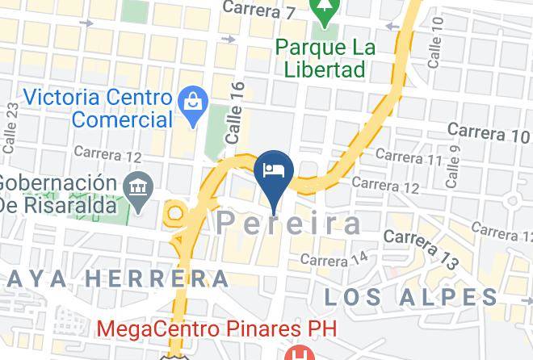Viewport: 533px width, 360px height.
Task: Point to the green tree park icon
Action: [x=325, y=13]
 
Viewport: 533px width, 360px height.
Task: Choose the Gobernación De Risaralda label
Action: [x=58, y=192]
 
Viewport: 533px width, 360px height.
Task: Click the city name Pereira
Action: [x=289, y=224]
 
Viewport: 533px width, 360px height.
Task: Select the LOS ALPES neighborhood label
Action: [x=411, y=296]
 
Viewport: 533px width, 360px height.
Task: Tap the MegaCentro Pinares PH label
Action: [x=216, y=329]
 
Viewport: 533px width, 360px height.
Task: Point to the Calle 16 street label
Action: [x=236, y=112]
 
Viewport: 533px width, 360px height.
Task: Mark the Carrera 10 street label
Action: [x=488, y=132]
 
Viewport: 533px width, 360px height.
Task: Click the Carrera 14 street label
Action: [x=334, y=259]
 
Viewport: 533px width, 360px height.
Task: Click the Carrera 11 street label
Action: [x=409, y=157]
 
